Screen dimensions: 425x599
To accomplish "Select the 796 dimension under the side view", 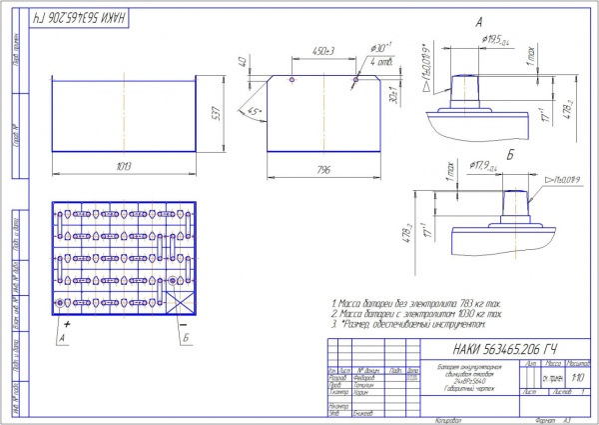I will (322, 170).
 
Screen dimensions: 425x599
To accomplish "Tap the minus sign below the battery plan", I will (183, 326).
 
